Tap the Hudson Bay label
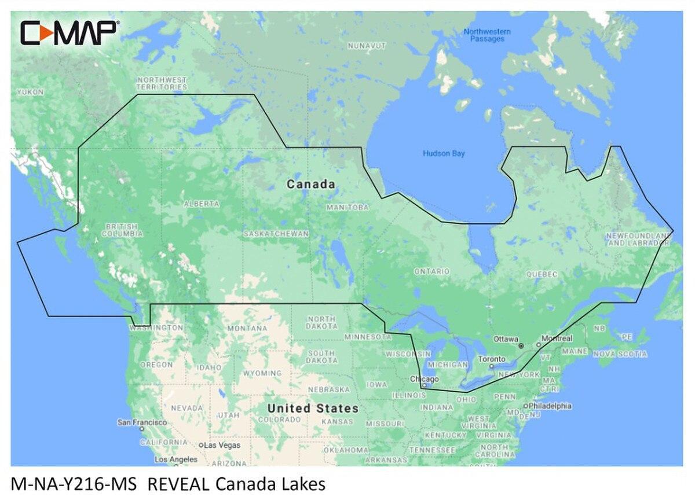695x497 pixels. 444,153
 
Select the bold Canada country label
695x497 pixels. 311,185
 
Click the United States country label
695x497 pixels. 312,408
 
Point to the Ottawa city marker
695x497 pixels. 521,345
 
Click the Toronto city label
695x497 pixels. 491,359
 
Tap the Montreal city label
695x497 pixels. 557,338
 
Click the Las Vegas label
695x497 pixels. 220,446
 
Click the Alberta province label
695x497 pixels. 202,204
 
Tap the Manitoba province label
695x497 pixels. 348,207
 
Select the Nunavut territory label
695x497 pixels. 367,45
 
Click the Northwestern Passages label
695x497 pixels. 487,35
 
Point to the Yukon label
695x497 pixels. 30,92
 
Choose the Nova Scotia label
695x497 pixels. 619,354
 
